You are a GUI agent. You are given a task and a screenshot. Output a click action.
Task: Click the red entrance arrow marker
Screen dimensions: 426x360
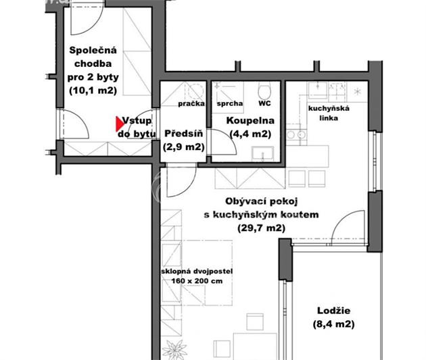click(120, 124)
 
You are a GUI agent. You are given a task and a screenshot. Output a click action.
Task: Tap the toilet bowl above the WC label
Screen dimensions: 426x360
click(264, 91)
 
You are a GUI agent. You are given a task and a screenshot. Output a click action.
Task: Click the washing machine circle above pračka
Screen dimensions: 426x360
click(196, 91)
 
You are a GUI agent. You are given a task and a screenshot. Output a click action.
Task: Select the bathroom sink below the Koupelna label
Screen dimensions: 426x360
click(263, 154)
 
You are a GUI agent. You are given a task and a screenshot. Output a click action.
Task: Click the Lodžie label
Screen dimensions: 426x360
click(333, 310)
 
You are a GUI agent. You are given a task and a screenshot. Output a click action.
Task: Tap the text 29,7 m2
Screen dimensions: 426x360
click(262, 228)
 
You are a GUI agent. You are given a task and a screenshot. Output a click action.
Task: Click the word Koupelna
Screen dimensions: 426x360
click(250, 120)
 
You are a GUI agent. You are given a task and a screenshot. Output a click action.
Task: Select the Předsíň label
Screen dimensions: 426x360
click(184, 134)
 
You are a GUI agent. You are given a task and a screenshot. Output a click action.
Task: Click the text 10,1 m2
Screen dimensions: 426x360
click(93, 91)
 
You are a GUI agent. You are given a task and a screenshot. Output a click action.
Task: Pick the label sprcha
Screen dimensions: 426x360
click(230, 103)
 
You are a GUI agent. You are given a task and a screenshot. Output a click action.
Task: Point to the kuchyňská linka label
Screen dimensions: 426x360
click(329, 113)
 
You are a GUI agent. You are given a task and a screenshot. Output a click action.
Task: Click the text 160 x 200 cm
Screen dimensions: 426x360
click(197, 281)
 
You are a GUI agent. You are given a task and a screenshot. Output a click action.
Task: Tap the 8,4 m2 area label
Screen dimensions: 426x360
click(333, 324)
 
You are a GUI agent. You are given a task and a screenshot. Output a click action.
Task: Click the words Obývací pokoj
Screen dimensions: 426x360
click(262, 201)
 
